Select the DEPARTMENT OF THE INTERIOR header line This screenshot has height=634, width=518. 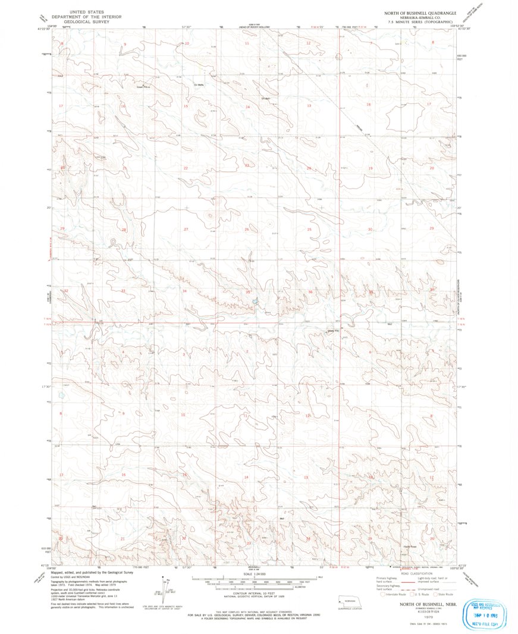[x=86, y=17]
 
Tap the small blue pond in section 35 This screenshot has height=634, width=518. [x=255, y=302]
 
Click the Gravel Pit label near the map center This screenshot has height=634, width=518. [x=332, y=331]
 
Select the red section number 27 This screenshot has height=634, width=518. [x=186, y=229]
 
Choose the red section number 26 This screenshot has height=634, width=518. [x=246, y=229]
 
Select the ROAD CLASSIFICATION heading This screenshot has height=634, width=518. [x=415, y=573]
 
